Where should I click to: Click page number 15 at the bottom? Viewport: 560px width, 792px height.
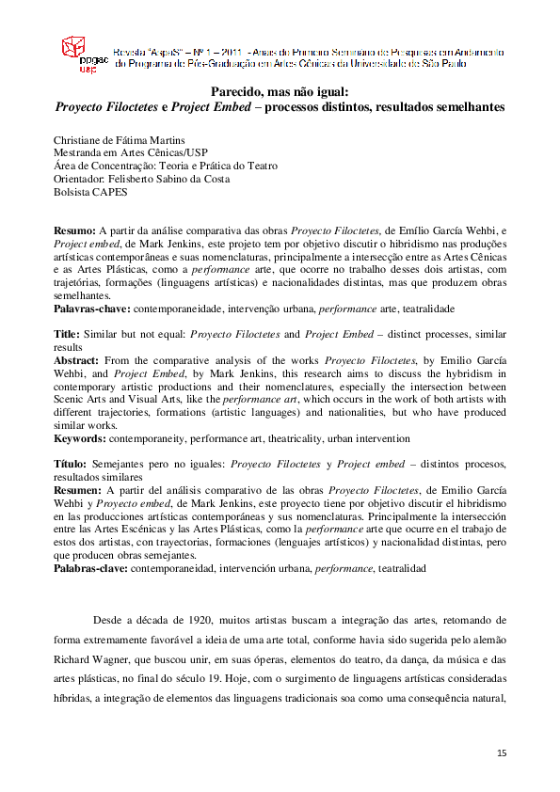pyautogui.click(x=502, y=753)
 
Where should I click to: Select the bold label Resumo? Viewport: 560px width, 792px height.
pyautogui.click(x=74, y=230)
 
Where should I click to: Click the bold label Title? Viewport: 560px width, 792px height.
pyautogui.click(x=67, y=334)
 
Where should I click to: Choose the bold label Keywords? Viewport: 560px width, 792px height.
pyautogui.click(x=80, y=438)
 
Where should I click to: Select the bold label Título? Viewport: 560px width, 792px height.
pyautogui.click(x=70, y=464)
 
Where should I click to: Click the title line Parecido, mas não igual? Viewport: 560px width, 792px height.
pyautogui.click(x=280, y=92)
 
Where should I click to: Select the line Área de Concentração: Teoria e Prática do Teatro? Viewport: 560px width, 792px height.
pyautogui.click(x=166, y=166)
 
